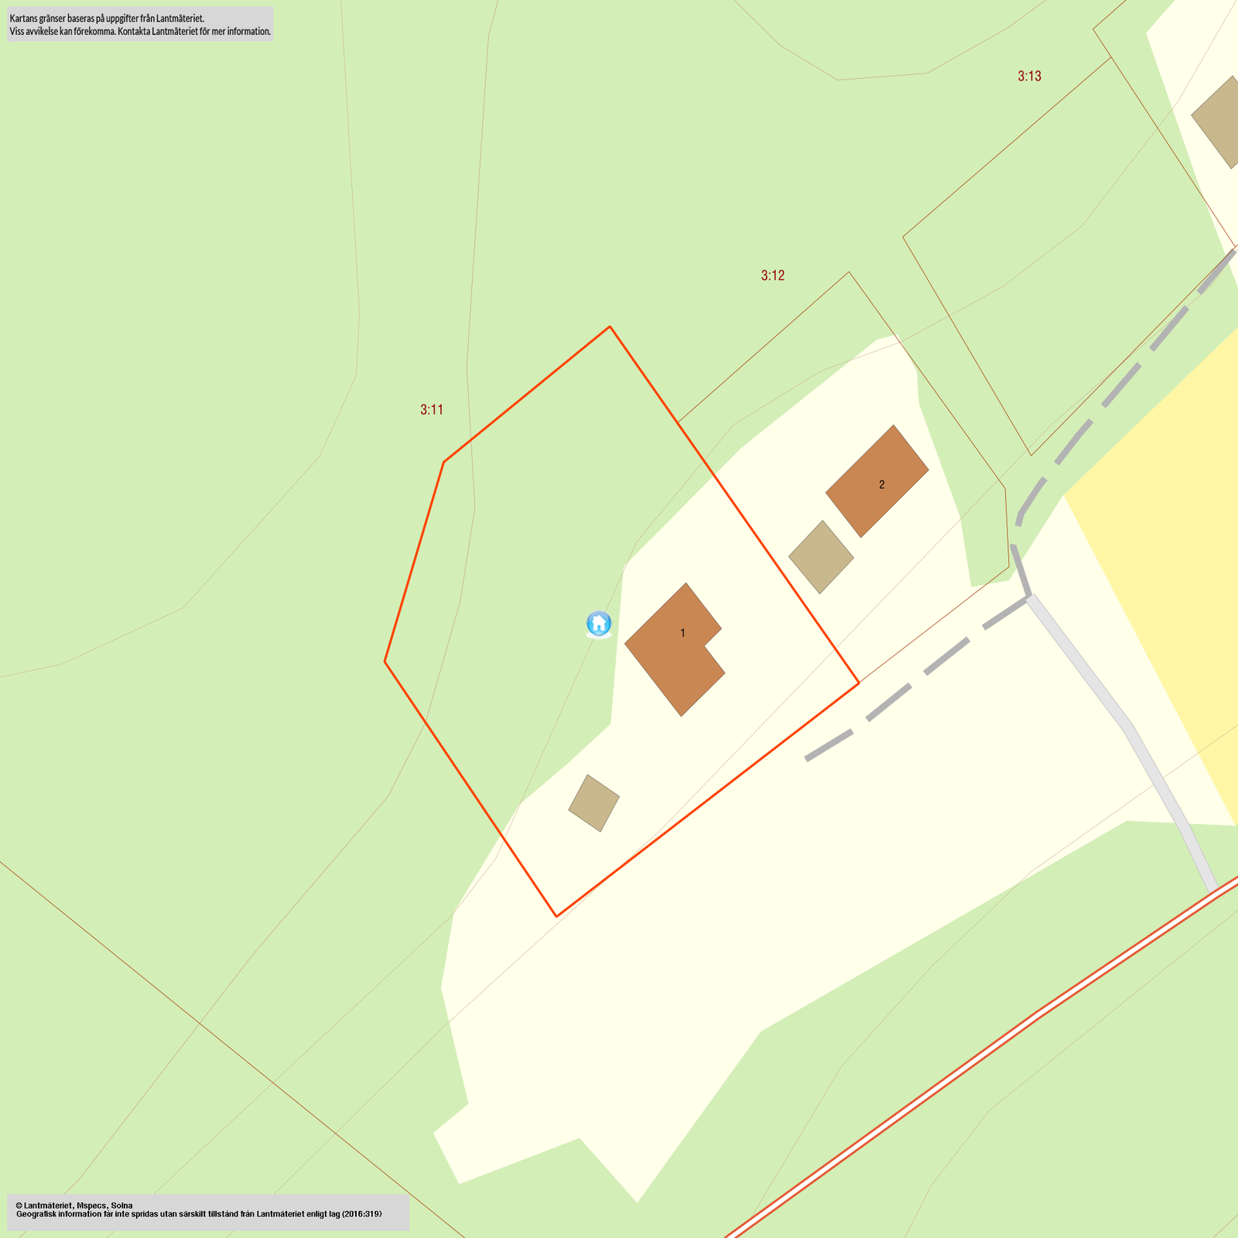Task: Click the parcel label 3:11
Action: pyautogui.click(x=432, y=410)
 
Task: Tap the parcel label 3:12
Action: pyautogui.click(x=772, y=275)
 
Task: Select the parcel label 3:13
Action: pyautogui.click(x=1029, y=76)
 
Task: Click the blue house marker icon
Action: pyautogui.click(x=599, y=624)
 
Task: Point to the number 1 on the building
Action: pyautogui.click(x=682, y=633)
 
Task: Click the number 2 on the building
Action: pyautogui.click(x=881, y=485)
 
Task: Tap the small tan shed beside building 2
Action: pyautogui.click(x=821, y=557)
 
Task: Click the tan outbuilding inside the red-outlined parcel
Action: pyautogui.click(x=594, y=803)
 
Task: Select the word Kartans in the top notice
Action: pyautogui.click(x=22, y=18)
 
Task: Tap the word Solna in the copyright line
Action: pyautogui.click(x=121, y=1206)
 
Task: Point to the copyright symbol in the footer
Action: pyautogui.click(x=19, y=1206)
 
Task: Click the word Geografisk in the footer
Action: pyautogui.click(x=37, y=1214)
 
